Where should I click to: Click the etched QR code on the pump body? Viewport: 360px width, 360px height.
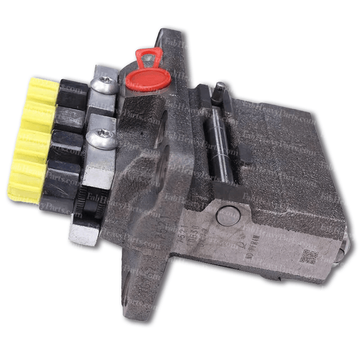[x=308, y=255]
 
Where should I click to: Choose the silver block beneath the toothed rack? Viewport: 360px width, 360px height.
[x=84, y=228]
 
